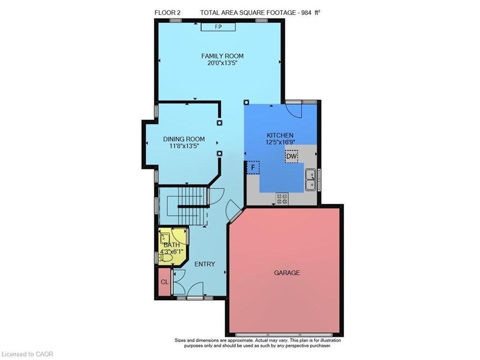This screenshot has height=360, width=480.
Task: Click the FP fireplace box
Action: (218, 27)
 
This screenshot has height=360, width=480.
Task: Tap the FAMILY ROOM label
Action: (222, 56)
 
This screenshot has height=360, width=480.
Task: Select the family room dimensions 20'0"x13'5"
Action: (222, 63)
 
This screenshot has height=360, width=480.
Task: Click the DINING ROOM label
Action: (184, 139)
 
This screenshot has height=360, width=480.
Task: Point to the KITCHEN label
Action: (280, 135)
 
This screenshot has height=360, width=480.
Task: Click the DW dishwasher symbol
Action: (291, 156)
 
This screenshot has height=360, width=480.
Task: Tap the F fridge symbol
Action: (253, 167)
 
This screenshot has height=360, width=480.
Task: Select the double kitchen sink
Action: (310, 180)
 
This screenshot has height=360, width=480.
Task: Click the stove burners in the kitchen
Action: (282, 199)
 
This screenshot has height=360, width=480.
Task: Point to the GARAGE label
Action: (287, 272)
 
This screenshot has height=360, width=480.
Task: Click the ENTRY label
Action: (205, 264)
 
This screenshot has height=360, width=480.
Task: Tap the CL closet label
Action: (164, 282)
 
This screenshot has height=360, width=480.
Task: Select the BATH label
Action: (171, 245)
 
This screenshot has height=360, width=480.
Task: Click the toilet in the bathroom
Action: (163, 256)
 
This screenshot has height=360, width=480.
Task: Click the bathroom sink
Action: (165, 236)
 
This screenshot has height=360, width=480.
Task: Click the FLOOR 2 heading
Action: (167, 13)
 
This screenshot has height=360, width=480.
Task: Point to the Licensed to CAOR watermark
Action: (28, 354)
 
